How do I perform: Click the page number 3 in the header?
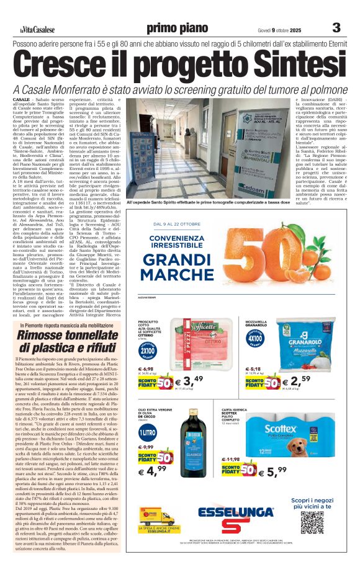[336, 27]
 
